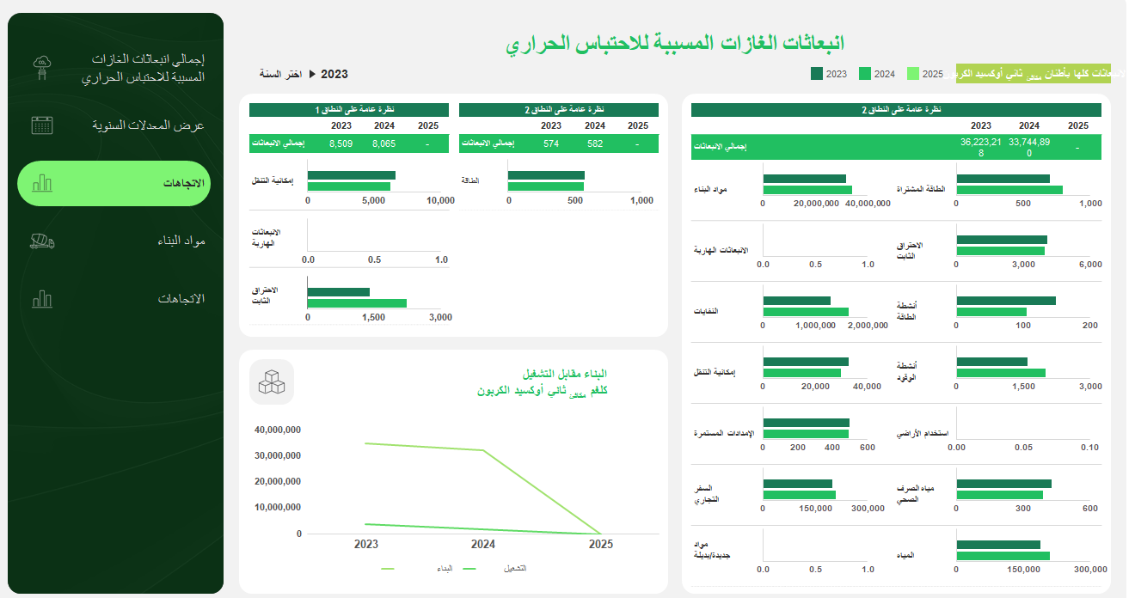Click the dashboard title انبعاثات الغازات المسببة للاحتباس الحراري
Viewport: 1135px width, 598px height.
(675, 43)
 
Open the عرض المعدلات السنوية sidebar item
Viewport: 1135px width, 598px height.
(148, 125)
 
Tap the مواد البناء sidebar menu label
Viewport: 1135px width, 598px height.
(181, 241)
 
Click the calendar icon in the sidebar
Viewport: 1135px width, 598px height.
(42, 125)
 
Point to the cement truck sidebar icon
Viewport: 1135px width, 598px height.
(42, 241)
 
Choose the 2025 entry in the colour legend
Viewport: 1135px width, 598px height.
(925, 74)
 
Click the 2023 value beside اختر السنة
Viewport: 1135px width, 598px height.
(334, 74)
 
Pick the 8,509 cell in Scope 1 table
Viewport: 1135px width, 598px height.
(340, 143)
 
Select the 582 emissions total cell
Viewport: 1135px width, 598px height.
(595, 143)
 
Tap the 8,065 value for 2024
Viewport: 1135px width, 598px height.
(383, 143)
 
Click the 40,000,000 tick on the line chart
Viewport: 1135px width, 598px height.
(278, 430)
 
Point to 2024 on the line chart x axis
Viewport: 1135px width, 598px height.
(483, 544)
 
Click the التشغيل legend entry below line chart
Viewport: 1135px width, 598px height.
(514, 569)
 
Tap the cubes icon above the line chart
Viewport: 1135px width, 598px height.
(272, 381)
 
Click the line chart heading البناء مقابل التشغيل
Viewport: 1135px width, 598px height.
(565, 374)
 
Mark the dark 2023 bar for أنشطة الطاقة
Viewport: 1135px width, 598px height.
(1005, 301)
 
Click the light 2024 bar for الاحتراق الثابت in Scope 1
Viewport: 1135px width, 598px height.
(357, 303)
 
